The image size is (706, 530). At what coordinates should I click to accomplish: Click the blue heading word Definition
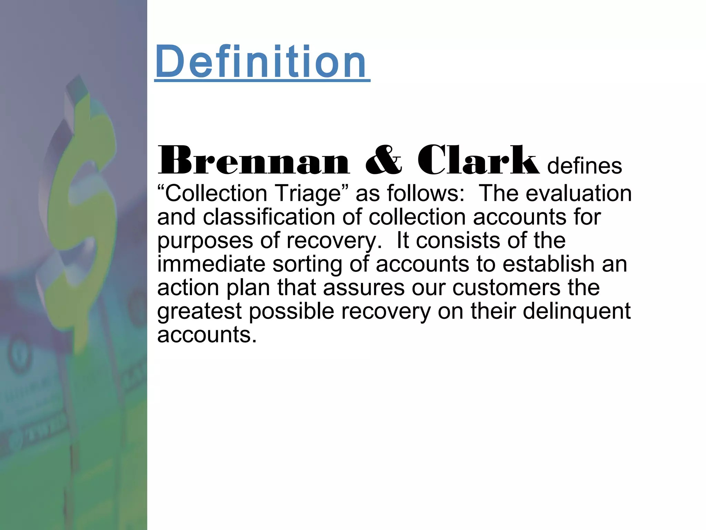(x=261, y=62)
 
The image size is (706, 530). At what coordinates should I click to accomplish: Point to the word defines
(x=585, y=166)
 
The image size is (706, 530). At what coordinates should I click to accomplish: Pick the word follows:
(x=426, y=193)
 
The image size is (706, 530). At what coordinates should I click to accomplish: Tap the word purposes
(x=205, y=241)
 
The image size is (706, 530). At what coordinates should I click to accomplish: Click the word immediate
(x=211, y=264)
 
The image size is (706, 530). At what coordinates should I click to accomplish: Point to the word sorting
(x=307, y=265)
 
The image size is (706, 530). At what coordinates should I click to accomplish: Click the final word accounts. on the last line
(x=207, y=335)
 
